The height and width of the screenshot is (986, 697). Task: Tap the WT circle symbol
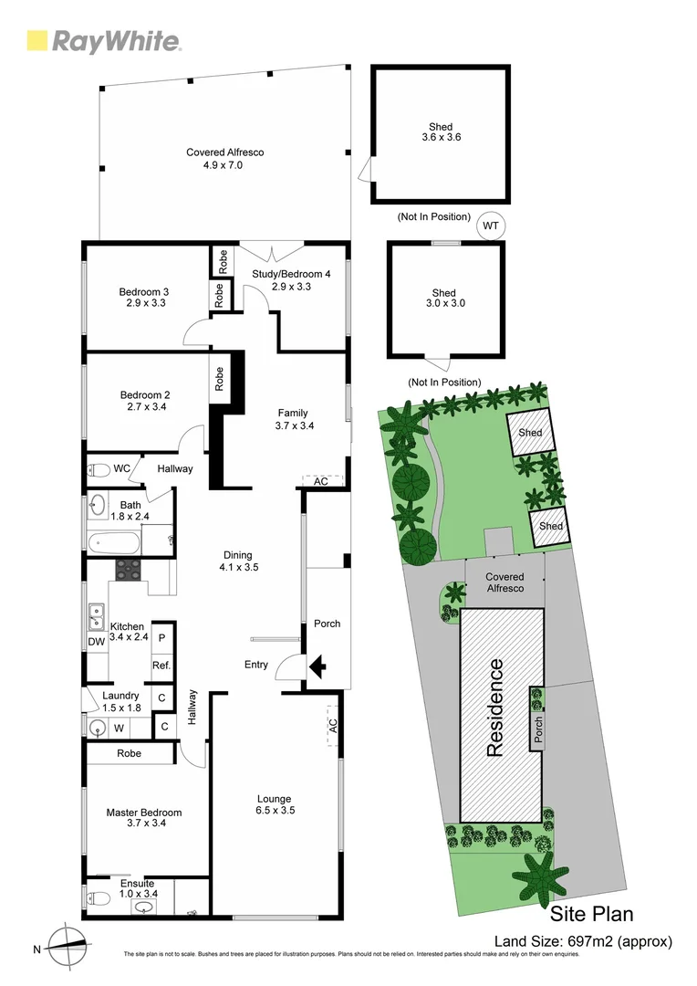click(x=491, y=225)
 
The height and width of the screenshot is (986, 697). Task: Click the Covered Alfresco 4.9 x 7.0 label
click(x=224, y=159)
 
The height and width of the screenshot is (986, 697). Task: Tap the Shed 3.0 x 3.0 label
click(x=444, y=299)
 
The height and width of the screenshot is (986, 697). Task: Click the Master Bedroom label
click(x=143, y=817)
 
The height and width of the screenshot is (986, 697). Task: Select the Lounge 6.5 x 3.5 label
click(x=275, y=803)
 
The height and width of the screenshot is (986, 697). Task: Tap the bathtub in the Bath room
click(x=115, y=540)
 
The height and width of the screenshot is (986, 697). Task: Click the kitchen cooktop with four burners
click(x=127, y=571)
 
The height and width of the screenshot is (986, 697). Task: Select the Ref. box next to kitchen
click(x=161, y=665)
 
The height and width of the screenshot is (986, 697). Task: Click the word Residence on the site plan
click(x=495, y=708)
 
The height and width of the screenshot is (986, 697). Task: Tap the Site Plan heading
click(x=591, y=914)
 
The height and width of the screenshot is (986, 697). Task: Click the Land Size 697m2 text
click(x=583, y=941)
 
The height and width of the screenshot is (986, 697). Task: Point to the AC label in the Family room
click(x=320, y=481)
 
